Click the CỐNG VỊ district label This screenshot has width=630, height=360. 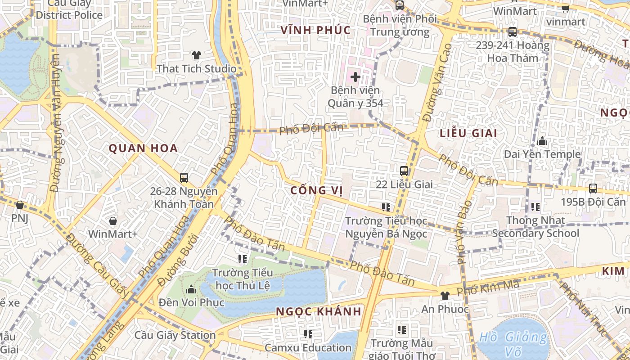pyautogui.click(x=316, y=190)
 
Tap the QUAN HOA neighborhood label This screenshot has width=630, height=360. pyautogui.click(x=143, y=148)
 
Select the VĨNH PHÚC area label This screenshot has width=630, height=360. pyautogui.click(x=315, y=30)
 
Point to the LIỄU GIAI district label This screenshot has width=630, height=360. pyautogui.click(x=468, y=133)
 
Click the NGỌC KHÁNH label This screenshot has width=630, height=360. pyautogui.click(x=318, y=311)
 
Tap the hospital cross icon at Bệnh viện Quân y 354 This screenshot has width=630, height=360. pyautogui.click(x=355, y=77)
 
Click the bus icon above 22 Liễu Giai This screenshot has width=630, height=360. pyautogui.click(x=404, y=171)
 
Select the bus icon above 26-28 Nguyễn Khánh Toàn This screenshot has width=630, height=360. pyautogui.click(x=184, y=178)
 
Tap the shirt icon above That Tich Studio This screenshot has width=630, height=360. pyautogui.click(x=196, y=55)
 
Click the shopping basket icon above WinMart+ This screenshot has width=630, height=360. pyautogui.click(x=113, y=221)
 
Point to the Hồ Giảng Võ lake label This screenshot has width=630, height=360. pyautogui.click(x=513, y=337)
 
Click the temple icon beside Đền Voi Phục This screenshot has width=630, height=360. pyautogui.click(x=191, y=289)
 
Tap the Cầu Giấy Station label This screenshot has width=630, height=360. pyautogui.click(x=175, y=335)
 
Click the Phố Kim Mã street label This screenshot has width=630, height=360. pyautogui.click(x=488, y=288)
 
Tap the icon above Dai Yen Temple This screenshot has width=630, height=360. pyautogui.click(x=542, y=141)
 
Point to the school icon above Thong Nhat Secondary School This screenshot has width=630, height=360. pyautogui.click(x=535, y=207)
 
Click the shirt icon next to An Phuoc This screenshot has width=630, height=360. pyautogui.click(x=445, y=296)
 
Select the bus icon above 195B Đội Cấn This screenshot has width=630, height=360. pyautogui.click(x=593, y=189)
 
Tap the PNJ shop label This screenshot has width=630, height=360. pyautogui.click(x=20, y=218)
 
